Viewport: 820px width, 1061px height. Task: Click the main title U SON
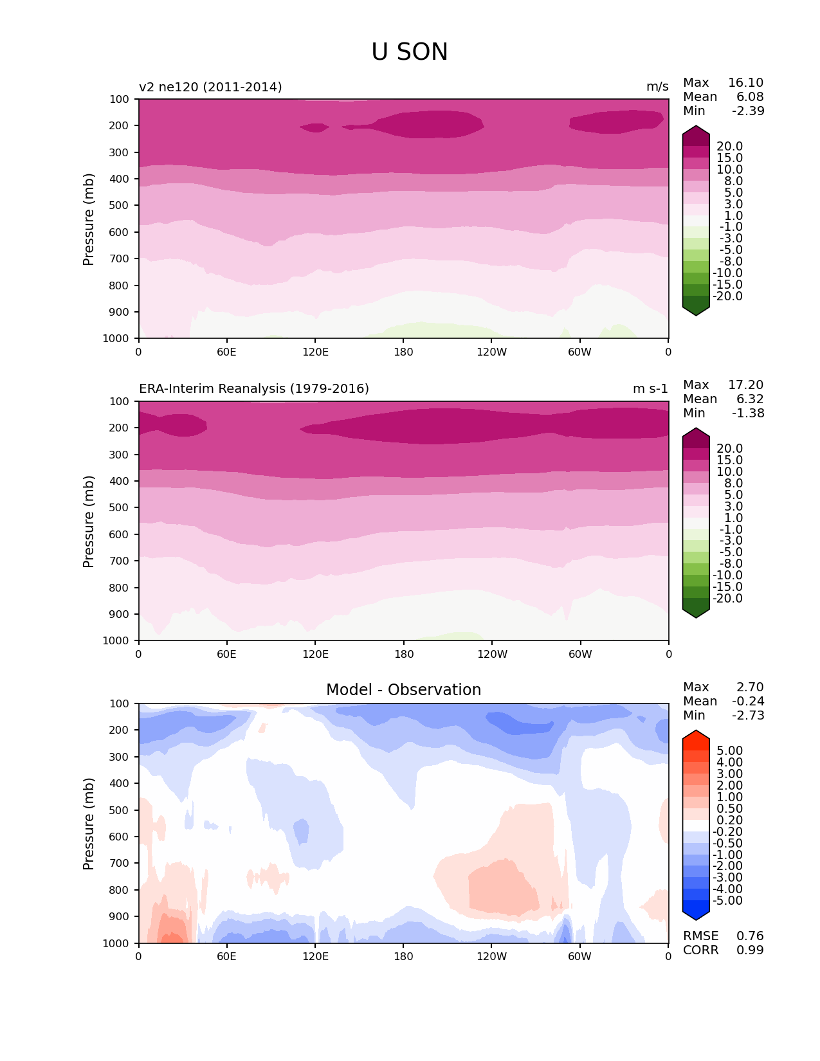point(410,52)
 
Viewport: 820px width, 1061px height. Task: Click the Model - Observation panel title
point(403,690)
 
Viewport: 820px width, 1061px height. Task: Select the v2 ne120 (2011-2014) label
point(210,87)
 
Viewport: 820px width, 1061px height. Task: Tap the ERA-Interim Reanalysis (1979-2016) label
point(254,389)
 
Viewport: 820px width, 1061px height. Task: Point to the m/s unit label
point(657,87)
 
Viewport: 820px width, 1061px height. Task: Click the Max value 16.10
point(745,83)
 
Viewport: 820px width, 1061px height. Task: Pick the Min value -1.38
point(748,413)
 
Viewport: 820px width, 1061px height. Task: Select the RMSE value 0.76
point(750,936)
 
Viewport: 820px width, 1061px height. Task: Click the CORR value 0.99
point(750,950)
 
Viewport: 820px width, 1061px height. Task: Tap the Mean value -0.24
point(748,702)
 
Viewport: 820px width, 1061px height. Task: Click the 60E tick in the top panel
point(226,352)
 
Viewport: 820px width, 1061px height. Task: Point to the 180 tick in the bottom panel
point(403,956)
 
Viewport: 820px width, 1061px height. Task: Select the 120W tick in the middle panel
point(492,654)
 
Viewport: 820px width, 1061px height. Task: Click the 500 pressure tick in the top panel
point(120,205)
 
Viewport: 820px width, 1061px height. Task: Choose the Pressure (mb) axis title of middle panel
point(89,521)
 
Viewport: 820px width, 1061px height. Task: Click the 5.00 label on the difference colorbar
point(729,751)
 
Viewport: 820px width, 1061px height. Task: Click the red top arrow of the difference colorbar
point(696,736)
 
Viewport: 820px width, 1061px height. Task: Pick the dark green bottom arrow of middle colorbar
point(696,613)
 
